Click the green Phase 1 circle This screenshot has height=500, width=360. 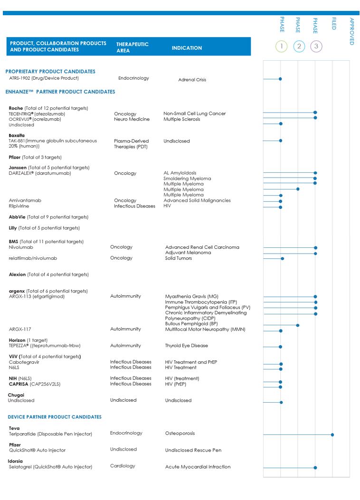(281, 47)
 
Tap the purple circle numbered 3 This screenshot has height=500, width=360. (316, 47)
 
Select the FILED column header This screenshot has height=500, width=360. (333, 24)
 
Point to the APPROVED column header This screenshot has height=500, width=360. (351, 31)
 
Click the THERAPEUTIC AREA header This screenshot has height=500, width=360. (133, 47)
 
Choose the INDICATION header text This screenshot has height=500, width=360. (187, 48)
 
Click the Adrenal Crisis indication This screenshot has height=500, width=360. (192, 80)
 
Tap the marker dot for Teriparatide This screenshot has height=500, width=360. (332, 434)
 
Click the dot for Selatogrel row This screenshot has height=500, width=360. (315, 468)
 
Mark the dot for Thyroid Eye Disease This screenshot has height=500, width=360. (281, 347)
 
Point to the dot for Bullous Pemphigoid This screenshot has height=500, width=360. (298, 325)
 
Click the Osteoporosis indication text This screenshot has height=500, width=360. (180, 433)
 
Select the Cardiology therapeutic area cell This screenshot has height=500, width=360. (123, 466)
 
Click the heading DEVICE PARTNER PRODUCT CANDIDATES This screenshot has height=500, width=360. (55, 417)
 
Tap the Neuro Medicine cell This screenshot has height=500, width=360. (132, 119)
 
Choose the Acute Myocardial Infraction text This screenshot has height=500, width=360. (198, 467)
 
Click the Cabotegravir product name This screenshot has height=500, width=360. (24, 362)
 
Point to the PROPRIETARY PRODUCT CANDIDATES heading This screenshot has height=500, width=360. (50, 71)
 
